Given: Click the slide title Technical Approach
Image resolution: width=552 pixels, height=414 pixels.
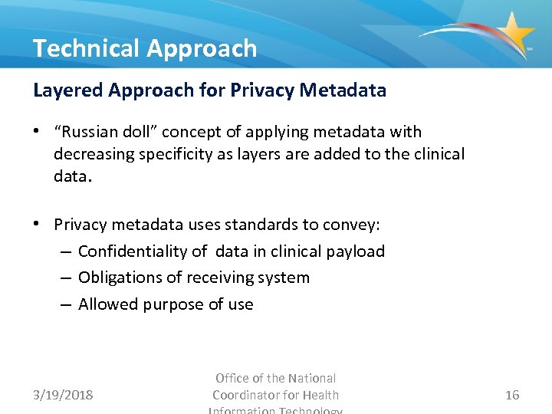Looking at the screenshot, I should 145,48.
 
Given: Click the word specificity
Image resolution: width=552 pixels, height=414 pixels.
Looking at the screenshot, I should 175,153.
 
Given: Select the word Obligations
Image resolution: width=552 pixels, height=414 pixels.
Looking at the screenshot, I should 119,278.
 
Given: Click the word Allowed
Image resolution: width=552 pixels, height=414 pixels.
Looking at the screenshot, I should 106,304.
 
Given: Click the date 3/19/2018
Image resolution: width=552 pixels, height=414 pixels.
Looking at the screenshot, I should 63,395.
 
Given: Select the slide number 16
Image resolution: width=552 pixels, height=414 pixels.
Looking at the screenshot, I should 512,395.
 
